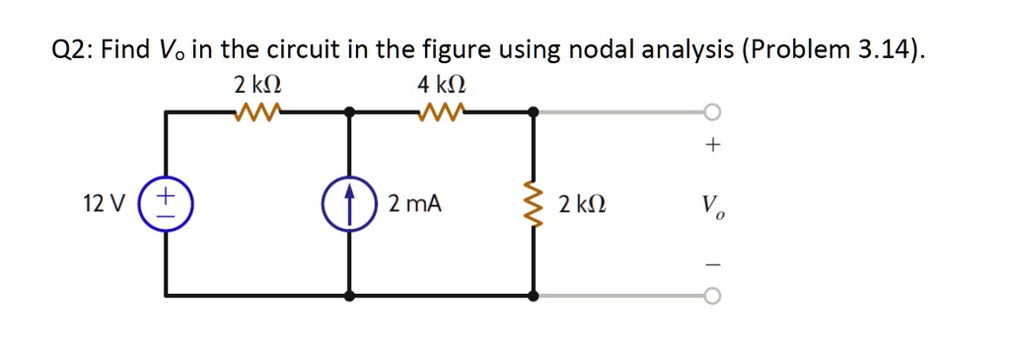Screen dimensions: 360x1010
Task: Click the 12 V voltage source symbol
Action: tap(166, 204)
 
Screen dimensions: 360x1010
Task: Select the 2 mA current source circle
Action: tap(349, 204)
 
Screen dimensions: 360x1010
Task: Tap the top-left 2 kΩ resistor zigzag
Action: tap(258, 110)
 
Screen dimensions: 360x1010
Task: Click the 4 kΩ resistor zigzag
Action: tap(441, 110)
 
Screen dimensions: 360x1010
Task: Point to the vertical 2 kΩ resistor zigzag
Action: tap(534, 204)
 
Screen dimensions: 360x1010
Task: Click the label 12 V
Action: tap(105, 205)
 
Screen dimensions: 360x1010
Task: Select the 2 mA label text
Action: tap(414, 205)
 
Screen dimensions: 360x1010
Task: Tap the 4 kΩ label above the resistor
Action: tap(439, 85)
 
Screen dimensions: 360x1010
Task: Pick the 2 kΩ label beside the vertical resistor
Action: tap(582, 205)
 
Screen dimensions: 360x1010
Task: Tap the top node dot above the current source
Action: tap(349, 111)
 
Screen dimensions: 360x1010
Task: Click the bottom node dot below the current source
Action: tap(349, 295)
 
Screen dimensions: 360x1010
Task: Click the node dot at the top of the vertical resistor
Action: tap(534, 111)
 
